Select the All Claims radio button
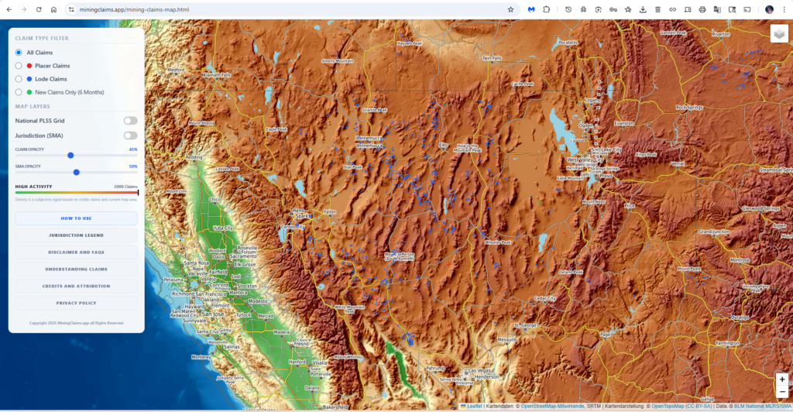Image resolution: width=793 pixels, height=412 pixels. (x=19, y=53)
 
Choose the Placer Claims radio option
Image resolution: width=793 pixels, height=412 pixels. (x=19, y=66)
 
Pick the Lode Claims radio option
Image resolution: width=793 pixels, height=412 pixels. (x=19, y=79)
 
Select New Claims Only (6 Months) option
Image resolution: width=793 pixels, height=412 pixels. (x=19, y=92)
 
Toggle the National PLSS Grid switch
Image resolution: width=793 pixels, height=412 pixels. (x=130, y=121)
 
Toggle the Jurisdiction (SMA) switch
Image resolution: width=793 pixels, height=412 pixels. (x=130, y=136)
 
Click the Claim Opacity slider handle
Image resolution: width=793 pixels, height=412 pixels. (x=70, y=155)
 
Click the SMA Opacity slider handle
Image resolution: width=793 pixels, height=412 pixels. (x=76, y=172)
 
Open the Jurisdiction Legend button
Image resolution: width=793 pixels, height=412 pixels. (x=76, y=235)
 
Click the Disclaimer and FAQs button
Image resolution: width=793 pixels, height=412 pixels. (x=76, y=252)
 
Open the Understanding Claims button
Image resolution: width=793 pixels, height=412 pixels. (x=76, y=269)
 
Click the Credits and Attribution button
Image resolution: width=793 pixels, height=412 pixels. (x=76, y=286)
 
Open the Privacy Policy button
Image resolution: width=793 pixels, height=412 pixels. (x=76, y=303)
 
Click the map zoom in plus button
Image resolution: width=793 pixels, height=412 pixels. (x=782, y=379)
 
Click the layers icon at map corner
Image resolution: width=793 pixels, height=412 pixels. (x=778, y=34)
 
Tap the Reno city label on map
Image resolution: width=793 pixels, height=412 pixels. (x=298, y=210)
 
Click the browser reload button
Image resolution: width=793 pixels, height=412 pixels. (x=38, y=9)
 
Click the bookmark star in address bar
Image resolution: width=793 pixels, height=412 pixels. (x=510, y=9)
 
